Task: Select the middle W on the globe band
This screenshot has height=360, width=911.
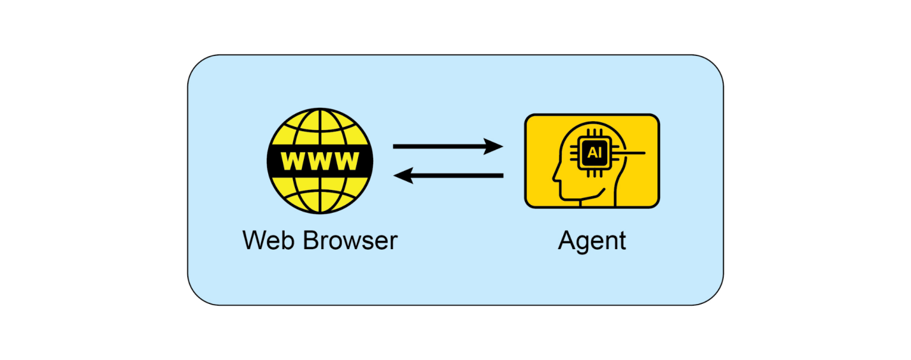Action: point(320,161)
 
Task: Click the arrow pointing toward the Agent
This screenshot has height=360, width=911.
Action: point(448,147)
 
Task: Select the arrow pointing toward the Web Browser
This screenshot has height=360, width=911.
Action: point(448,175)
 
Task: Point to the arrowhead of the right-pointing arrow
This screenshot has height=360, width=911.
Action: point(493,147)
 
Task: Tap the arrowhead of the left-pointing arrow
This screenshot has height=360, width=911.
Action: point(404,175)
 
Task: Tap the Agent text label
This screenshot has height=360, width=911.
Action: point(592,241)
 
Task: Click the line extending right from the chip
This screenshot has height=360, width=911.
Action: point(631,153)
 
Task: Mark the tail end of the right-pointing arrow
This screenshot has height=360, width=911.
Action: point(397,147)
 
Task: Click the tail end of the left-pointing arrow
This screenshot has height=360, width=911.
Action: point(501,175)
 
